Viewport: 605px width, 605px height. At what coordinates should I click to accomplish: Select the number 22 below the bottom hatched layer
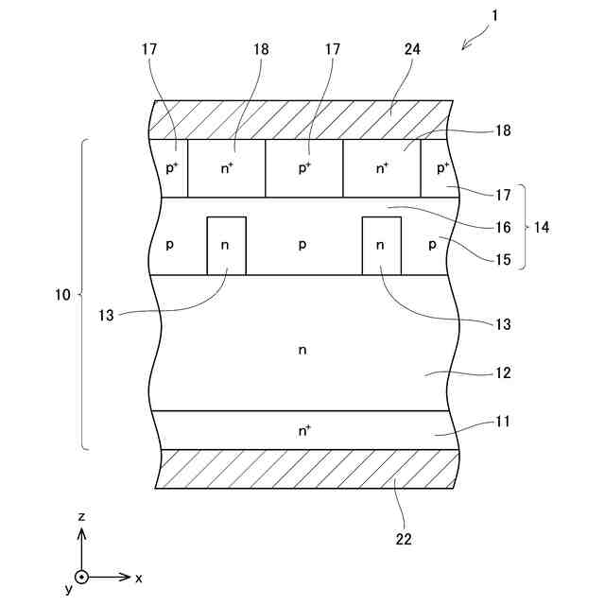coord(404,540)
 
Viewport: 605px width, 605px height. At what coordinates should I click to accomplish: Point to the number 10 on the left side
coord(63,295)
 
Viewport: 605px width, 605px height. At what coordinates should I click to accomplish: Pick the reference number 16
coord(503,227)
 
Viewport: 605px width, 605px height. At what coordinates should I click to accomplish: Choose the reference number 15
coord(503,257)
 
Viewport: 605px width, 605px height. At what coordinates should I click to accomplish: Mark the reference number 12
coord(503,373)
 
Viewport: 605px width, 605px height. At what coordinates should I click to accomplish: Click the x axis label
coord(139,577)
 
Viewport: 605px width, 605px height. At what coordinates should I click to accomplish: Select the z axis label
coord(82,517)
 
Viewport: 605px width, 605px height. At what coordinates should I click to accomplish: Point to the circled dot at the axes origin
coord(82,577)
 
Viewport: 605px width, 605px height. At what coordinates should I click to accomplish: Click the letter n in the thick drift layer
coord(302,350)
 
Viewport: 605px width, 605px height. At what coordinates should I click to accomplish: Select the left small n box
coord(226,246)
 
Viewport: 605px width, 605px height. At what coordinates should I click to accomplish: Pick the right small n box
coord(381,246)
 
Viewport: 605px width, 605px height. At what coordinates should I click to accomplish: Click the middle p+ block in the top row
coord(303,168)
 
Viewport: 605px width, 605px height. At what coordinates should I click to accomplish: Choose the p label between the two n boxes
coord(302,244)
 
